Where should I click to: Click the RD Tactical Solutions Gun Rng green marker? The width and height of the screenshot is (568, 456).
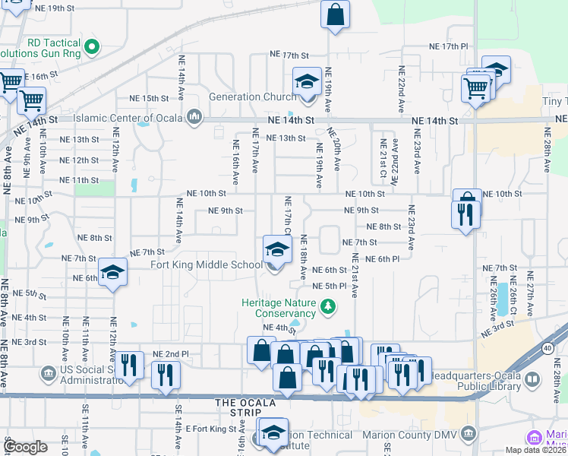tap(92, 48)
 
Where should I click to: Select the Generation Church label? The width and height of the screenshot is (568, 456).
tap(242, 97)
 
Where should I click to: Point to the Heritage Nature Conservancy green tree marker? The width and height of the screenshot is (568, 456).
tap(328, 306)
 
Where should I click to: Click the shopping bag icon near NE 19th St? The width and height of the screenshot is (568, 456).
tap(335, 14)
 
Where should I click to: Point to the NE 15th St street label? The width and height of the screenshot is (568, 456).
tap(149, 98)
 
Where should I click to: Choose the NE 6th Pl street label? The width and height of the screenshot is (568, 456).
tap(382, 259)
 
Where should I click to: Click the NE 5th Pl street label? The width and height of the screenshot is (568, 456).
tap(330, 286)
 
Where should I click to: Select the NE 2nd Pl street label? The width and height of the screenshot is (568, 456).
tap(170, 354)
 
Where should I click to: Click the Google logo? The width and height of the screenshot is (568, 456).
tap(25, 446)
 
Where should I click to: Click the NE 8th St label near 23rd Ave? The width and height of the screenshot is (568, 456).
tap(383, 226)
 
